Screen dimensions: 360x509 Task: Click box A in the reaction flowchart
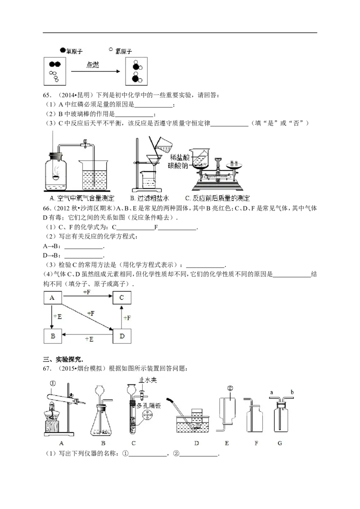pos(52,298)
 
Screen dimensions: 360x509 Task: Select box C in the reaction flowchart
pos(122,298)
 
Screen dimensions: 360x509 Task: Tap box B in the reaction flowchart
pos(53,336)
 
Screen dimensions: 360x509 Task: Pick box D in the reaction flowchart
pos(122,336)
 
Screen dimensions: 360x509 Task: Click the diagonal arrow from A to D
pos(87,317)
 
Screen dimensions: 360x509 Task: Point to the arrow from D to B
pos(87,335)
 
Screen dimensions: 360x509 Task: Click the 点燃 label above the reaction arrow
pos(93,65)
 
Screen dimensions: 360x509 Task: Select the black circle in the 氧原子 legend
pos(63,50)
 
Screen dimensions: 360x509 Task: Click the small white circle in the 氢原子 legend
pos(111,49)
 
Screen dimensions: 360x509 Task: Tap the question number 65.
pos(47,95)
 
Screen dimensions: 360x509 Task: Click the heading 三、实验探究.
pos(63,359)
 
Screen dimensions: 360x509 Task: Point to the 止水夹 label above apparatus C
pos(148,380)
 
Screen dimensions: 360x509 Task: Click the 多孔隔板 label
pos(149,405)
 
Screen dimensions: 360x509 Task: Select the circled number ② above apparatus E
pos(230,388)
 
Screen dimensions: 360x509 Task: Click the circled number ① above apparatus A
pos(53,384)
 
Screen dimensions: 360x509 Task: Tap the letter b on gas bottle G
pos(292,392)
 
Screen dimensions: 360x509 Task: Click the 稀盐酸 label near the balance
pos(180,157)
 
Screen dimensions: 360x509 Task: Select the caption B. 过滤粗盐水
pos(149,198)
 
